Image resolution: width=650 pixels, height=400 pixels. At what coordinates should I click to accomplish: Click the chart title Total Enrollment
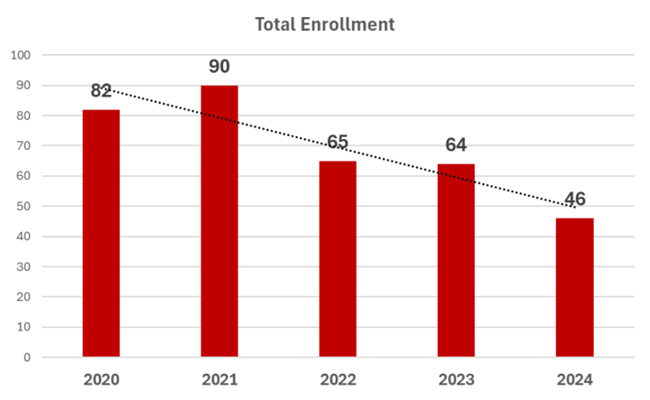325,24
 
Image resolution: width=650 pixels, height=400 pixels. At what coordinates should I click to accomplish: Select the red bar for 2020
101,233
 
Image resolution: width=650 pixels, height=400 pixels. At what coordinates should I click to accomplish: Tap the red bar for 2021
219,221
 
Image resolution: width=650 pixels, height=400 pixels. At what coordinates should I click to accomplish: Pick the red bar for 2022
338,258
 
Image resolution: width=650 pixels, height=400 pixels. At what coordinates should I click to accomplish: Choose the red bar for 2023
456,260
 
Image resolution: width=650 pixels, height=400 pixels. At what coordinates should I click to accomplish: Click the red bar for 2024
574,287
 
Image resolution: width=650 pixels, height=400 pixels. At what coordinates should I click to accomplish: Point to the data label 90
219,66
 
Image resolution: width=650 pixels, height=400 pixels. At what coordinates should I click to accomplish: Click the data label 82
101,91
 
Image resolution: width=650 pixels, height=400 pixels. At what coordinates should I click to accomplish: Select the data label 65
338,142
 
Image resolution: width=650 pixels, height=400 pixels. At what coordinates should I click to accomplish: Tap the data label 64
456,144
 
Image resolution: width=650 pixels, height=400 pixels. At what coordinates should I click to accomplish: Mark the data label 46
575,199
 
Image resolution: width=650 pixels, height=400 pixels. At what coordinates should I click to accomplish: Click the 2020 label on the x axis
101,380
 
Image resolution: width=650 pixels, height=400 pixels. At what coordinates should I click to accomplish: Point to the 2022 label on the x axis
338,380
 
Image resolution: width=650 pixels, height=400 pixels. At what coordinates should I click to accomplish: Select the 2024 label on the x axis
574,380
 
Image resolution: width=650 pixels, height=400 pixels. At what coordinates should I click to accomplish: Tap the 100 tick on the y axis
21,55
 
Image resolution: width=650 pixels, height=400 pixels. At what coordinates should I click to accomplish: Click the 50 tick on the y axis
23,206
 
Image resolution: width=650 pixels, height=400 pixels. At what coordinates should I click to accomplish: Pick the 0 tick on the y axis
27,358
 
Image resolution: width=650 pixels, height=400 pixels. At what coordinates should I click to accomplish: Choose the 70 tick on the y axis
23,145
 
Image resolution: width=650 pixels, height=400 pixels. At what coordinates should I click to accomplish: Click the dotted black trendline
338,147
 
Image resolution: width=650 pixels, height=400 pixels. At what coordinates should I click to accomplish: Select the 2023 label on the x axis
457,380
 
